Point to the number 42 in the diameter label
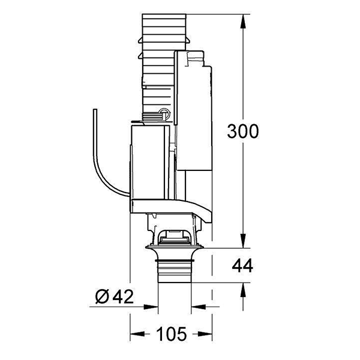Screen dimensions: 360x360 122,296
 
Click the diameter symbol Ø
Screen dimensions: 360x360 101,296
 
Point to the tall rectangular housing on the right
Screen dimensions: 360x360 193,114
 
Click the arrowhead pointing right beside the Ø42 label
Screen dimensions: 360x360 153,307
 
